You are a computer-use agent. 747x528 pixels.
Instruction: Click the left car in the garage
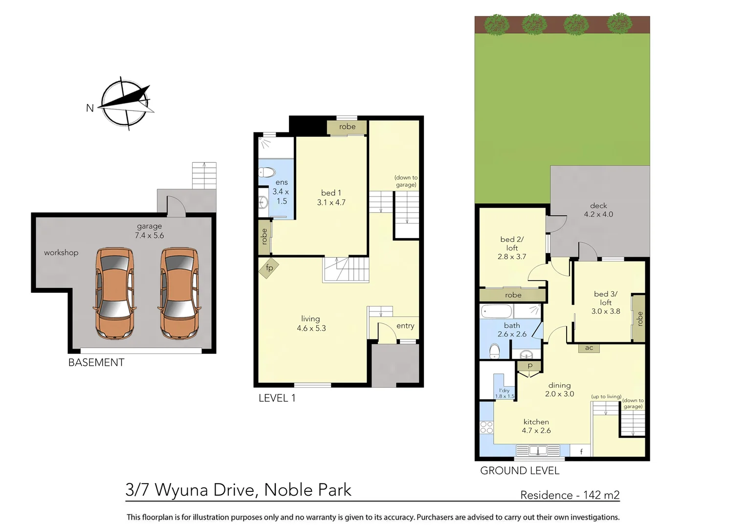[x=114, y=293]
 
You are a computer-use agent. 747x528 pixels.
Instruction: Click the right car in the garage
[x=179, y=293]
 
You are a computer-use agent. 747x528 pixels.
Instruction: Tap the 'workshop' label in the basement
[x=61, y=253]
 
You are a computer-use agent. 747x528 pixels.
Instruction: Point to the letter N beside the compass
[x=90, y=108]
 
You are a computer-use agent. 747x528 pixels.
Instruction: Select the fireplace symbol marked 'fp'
[x=269, y=268]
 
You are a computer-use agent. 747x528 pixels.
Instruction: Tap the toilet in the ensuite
[x=267, y=172]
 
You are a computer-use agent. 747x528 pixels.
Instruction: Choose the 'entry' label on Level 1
[x=405, y=326]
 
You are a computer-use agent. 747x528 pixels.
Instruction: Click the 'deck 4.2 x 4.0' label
[x=598, y=210]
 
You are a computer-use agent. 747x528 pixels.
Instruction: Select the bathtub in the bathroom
[x=496, y=311]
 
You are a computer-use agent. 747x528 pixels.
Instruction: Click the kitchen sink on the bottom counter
[x=538, y=450]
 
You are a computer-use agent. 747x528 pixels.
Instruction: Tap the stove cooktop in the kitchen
[x=486, y=427]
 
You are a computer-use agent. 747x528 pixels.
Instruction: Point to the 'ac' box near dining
[x=589, y=348]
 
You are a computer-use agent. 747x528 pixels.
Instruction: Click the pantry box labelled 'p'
[x=529, y=366]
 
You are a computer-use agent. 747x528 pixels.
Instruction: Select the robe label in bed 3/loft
[x=639, y=319]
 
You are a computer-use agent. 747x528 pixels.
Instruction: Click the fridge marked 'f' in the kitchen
[x=581, y=451]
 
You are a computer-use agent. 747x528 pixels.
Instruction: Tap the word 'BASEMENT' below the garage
[x=96, y=363]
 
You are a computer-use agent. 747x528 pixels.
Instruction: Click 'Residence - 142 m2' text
[x=570, y=495]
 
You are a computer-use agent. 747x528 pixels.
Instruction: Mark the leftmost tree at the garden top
[x=497, y=24]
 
